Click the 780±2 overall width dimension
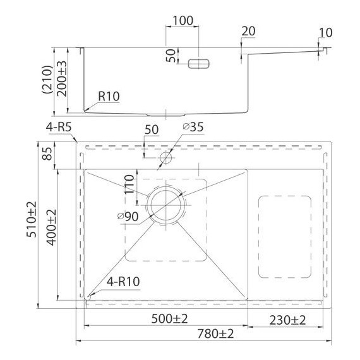pos(215,333)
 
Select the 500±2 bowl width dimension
pos(169,319)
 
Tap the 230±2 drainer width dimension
pos(287,320)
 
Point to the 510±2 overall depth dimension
pos(32,219)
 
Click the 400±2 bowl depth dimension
pos(51,227)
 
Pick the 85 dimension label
pos(47,153)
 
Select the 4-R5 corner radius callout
pos(59,127)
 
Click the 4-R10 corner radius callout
pos(123,282)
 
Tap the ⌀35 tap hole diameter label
pos(193,127)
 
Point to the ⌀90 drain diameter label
pos(128,217)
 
